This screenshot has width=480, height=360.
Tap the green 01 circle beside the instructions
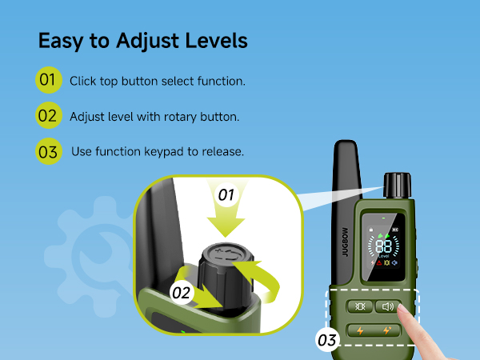(x=49, y=80)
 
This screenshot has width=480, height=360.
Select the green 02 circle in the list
(x=49, y=115)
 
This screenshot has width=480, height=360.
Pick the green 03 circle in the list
(x=49, y=151)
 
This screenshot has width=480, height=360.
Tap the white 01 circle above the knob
(x=226, y=194)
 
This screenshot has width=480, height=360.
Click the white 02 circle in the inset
(x=182, y=293)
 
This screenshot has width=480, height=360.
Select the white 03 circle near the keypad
(x=327, y=340)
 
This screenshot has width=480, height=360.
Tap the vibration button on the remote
(x=360, y=306)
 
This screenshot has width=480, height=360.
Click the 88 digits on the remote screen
(x=383, y=246)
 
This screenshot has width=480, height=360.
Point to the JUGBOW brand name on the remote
(x=345, y=242)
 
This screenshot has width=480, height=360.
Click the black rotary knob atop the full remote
(x=398, y=186)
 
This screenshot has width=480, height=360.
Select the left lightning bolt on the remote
(x=360, y=330)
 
